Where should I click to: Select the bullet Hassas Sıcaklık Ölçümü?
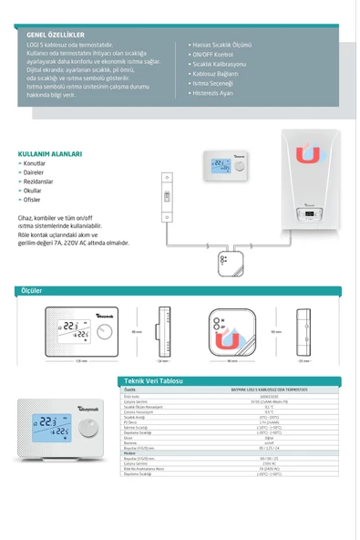pos(221,44)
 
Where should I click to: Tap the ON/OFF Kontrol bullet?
pos(215,54)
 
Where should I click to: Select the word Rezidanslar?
pos(41,180)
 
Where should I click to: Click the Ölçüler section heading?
pos(33,290)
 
